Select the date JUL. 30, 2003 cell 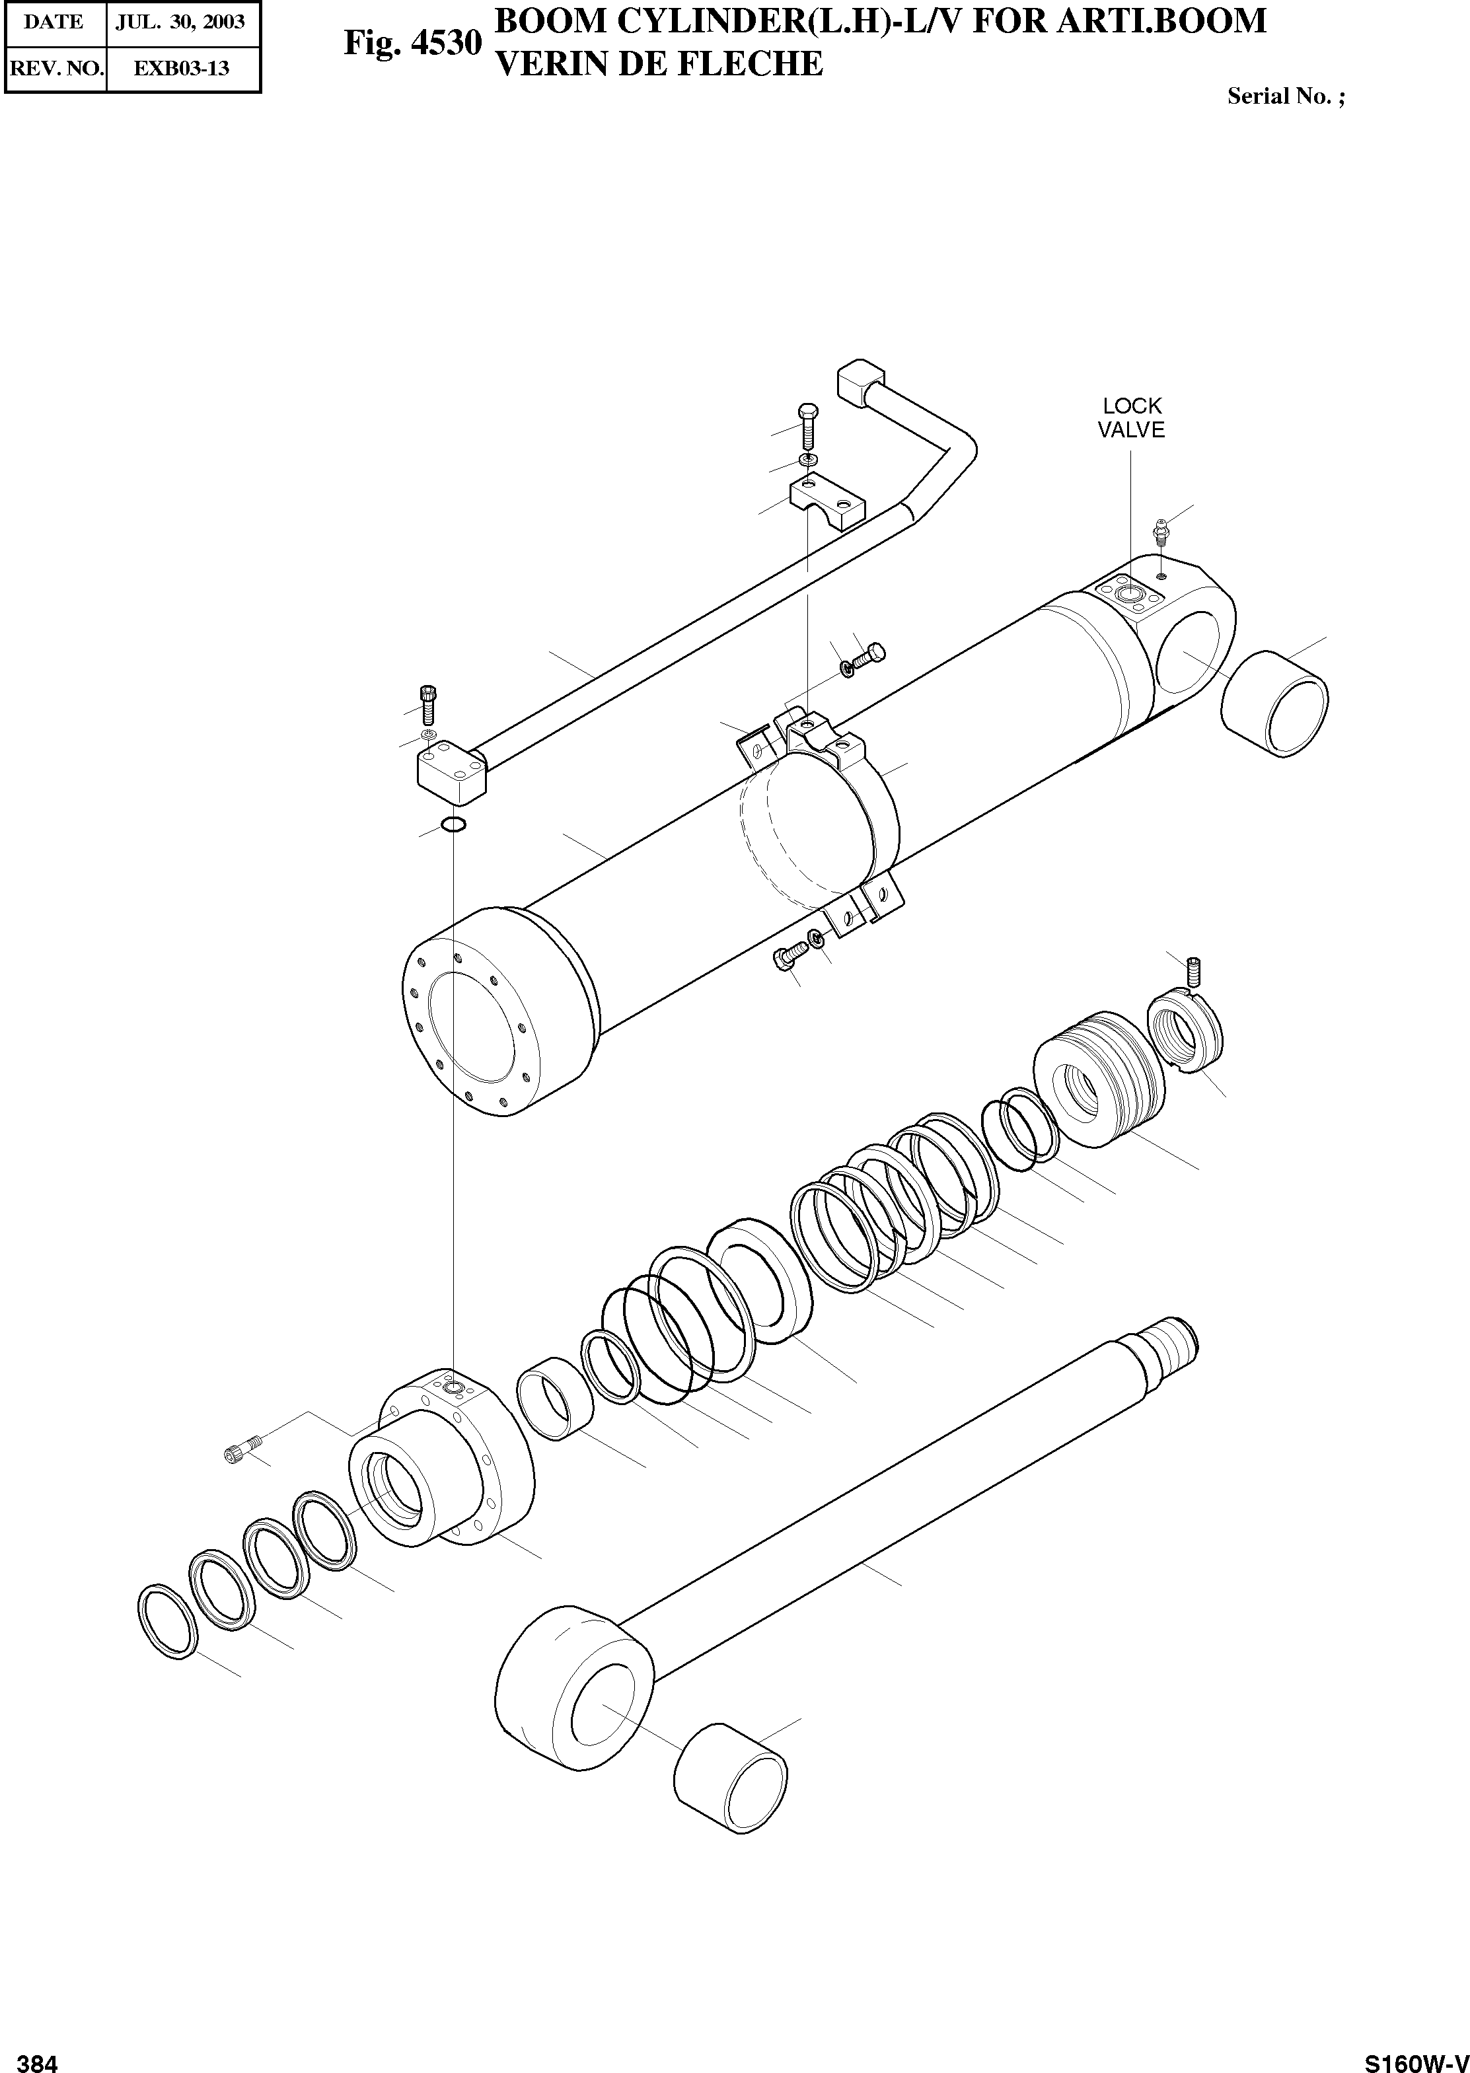181,22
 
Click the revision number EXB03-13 181,68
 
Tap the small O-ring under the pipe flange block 453,823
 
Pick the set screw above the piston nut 1193,972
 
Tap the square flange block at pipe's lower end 451,769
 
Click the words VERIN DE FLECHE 660,64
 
